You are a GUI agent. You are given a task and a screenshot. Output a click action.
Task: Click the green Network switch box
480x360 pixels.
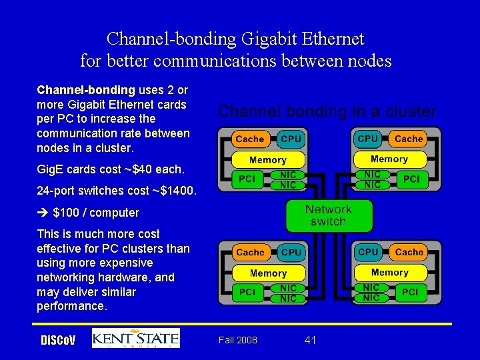point(328,215)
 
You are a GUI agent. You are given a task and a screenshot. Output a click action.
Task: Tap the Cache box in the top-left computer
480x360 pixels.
point(250,139)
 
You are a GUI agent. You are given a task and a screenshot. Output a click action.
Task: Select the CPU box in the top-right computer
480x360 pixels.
point(368,139)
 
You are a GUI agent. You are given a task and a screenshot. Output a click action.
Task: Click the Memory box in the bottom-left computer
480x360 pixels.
point(268,273)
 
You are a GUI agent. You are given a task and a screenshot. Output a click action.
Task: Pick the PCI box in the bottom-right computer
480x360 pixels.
point(411,292)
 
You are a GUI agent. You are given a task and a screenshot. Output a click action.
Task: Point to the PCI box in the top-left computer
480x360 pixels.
point(247,179)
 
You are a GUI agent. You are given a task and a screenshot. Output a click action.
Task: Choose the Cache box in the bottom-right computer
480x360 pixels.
point(409,252)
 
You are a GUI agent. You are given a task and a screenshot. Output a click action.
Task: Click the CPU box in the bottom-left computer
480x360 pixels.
point(291,252)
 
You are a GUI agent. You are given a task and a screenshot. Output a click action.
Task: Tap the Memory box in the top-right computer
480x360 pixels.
point(389,159)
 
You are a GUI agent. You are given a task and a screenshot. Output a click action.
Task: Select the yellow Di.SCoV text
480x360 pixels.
point(58,341)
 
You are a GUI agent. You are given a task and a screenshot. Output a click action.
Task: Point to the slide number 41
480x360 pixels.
point(310,340)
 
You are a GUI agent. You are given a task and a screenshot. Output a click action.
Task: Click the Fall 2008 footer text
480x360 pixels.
point(237,340)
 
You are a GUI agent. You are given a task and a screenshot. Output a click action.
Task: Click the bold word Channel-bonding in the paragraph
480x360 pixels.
point(86,89)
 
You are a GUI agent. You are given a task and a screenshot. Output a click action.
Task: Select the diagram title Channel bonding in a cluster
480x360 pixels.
point(327,111)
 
